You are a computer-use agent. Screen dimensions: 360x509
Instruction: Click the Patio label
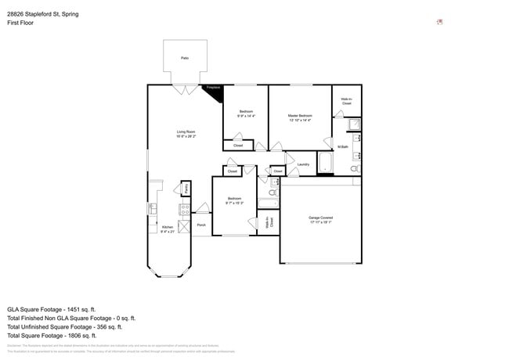[x=185, y=59]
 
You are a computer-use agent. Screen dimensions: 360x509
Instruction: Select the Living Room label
[x=186, y=132]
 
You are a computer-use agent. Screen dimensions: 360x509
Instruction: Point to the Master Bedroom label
[x=300, y=116]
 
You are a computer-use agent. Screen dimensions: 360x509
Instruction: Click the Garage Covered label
[x=321, y=218]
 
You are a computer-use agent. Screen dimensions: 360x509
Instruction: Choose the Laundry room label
[x=303, y=164]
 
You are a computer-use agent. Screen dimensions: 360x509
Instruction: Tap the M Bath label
[x=342, y=147]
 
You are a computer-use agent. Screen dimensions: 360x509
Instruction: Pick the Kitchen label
[x=167, y=227]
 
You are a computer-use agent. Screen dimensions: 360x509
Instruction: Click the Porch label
[x=201, y=225]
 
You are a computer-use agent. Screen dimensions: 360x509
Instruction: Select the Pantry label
[x=186, y=189]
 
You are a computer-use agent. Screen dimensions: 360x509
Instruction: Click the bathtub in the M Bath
[x=325, y=162]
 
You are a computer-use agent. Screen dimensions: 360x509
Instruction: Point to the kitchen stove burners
[x=186, y=209]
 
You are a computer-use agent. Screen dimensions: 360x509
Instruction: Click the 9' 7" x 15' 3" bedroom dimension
[x=235, y=203]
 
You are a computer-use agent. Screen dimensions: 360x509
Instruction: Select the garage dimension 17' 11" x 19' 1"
[x=321, y=223]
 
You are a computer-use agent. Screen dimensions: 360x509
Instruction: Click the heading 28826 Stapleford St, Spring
[x=48, y=14]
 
